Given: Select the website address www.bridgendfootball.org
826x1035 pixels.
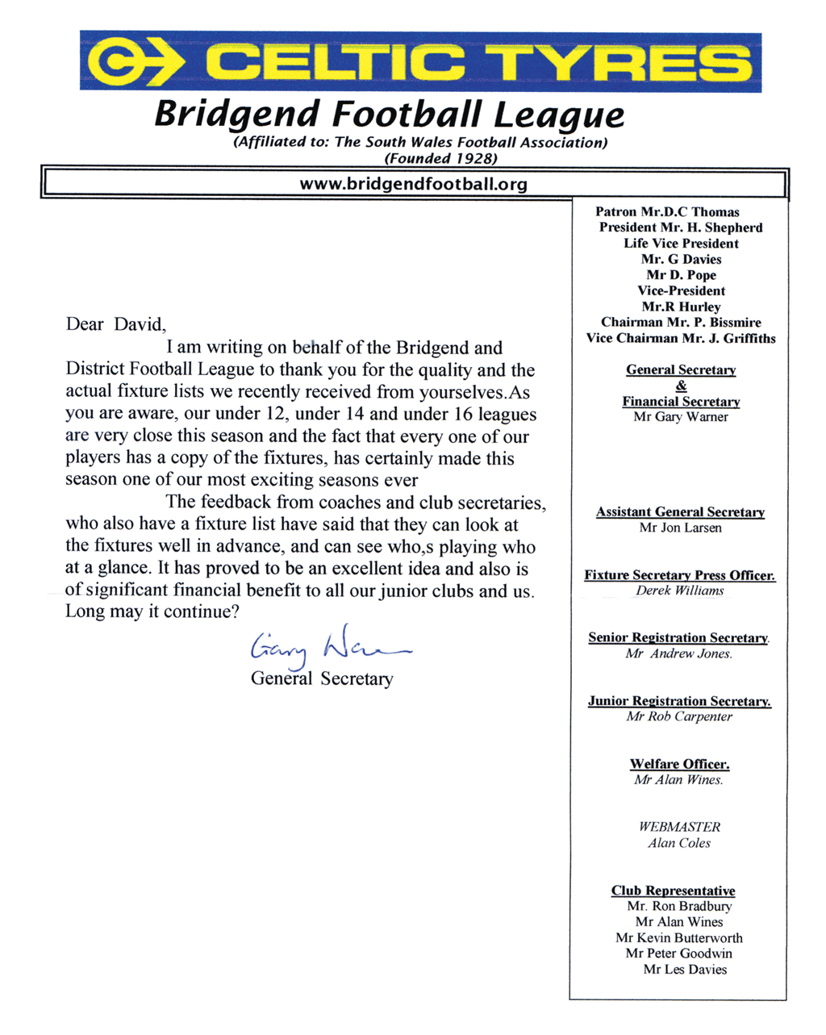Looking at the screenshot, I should pos(413,184).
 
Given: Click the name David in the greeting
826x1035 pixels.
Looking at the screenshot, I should pos(138,324).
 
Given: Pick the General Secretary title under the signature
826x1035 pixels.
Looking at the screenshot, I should pos(322,678).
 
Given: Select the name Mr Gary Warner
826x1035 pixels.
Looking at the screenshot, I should pos(681,417).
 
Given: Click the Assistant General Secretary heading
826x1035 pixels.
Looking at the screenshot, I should pos(680,512).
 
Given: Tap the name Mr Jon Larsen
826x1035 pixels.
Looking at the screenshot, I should pos(680,528).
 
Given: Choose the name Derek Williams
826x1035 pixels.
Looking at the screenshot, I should pos(680,591).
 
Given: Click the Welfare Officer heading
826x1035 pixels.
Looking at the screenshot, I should pos(679,764).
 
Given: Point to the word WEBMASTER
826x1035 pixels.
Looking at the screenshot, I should pos(679,827).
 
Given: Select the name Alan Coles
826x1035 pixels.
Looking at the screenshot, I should pos(679,843).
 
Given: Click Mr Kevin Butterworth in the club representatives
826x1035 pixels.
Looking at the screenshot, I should pos(679,938).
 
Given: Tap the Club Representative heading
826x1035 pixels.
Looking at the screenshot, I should pos(673,891).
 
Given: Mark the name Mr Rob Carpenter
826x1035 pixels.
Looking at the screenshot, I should pos(679,716).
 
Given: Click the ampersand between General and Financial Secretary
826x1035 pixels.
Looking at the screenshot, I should pos(681,386).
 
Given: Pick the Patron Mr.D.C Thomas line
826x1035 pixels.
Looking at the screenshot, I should pos(667,212).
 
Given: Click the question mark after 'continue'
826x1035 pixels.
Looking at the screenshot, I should pos(235,612).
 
